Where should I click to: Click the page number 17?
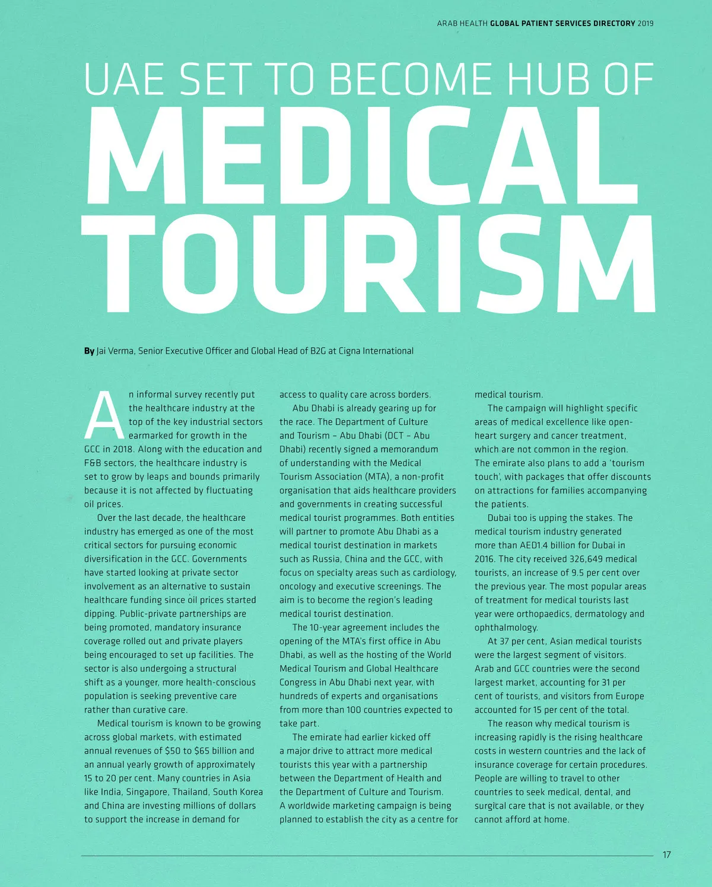[667, 855]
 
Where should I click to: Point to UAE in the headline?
[124, 78]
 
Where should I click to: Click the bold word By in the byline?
[89, 351]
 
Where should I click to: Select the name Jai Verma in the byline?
[115, 351]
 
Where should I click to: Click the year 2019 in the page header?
[646, 24]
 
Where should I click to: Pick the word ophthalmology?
[506, 627]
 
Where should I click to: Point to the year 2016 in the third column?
[484, 559]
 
